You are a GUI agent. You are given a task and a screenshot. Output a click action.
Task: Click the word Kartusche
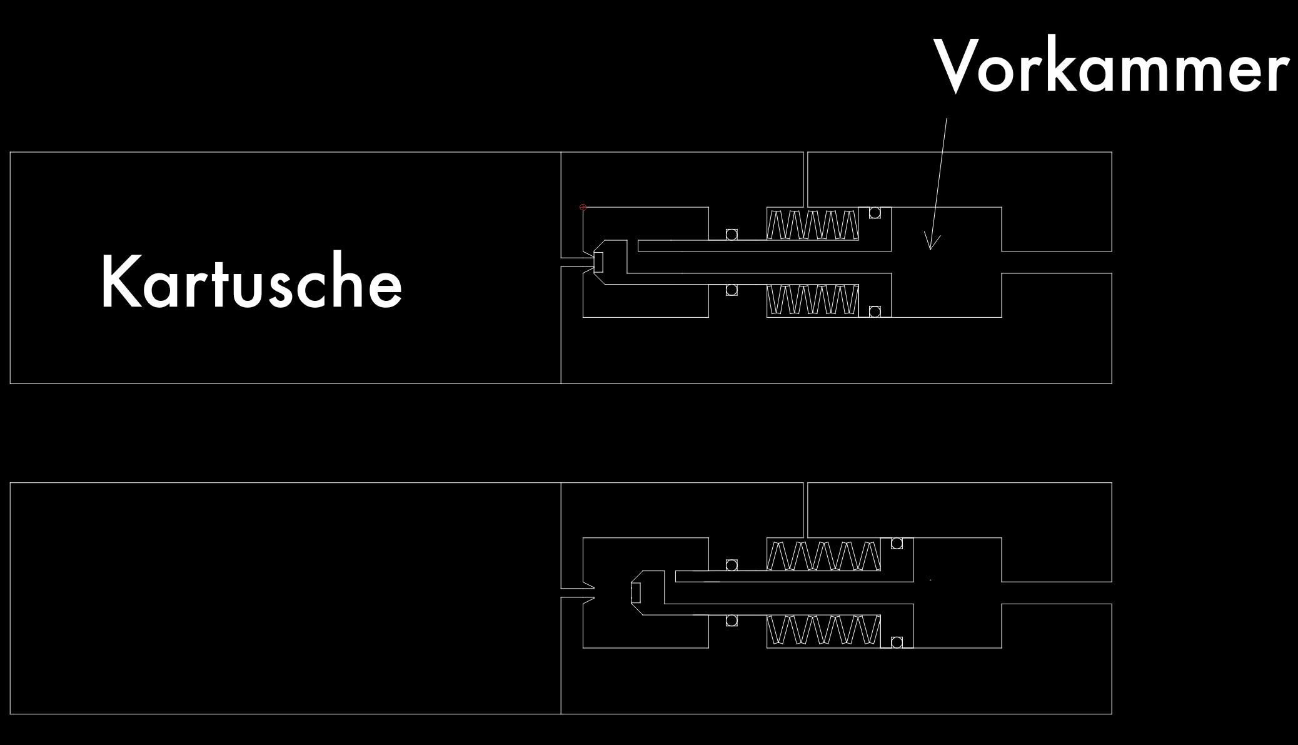[x=251, y=281]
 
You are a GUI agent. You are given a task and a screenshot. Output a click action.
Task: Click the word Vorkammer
[x=1111, y=65]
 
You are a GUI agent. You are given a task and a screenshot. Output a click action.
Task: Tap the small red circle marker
[x=583, y=207]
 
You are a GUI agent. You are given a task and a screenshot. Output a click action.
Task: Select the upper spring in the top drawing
[x=812, y=225]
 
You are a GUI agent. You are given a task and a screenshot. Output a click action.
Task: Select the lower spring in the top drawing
[x=812, y=300]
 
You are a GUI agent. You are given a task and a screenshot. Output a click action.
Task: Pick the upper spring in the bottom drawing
[x=823, y=555]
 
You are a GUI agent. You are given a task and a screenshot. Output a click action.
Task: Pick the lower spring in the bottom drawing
[x=823, y=631]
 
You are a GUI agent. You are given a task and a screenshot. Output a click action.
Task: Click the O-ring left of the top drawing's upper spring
[x=731, y=235]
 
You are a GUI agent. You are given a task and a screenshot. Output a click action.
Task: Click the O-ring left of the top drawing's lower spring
[x=731, y=290]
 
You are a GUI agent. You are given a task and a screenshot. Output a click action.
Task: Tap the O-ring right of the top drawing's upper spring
[x=875, y=213]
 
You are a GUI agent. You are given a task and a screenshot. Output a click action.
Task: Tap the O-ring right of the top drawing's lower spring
[x=875, y=312]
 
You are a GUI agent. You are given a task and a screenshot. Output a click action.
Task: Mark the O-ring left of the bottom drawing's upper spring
[x=731, y=565]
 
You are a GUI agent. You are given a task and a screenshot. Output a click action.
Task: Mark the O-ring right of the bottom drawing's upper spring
[x=897, y=544]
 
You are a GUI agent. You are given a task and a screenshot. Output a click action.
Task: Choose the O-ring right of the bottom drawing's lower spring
[x=897, y=642]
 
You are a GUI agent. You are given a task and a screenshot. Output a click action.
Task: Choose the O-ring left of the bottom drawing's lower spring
[x=731, y=621]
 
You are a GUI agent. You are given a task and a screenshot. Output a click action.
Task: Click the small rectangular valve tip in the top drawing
[x=598, y=261]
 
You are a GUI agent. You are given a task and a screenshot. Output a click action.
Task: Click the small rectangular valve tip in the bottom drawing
[x=636, y=592]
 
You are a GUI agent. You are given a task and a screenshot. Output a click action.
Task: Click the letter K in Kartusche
[x=116, y=281]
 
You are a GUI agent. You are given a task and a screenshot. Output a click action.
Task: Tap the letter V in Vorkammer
[x=957, y=65]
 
